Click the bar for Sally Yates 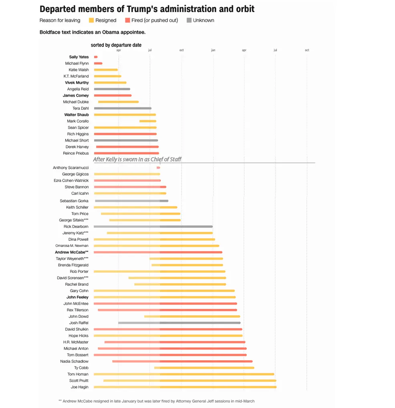pyautogui.click(x=96, y=57)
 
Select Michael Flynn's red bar pyautogui.click(x=98, y=63)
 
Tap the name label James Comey pyautogui.click(x=76, y=95)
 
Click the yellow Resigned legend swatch pyautogui.click(x=91, y=20)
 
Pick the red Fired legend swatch pyautogui.click(x=127, y=20)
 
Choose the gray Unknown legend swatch pyautogui.click(x=189, y=20)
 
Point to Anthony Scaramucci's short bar pyautogui.click(x=158, y=168)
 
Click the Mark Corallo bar pyautogui.click(x=148, y=121)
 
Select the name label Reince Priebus pyautogui.click(x=76, y=153)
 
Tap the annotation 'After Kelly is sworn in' pyautogui.click(x=137, y=159)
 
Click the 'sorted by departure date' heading pyautogui.click(x=116, y=45)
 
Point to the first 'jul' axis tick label pyautogui.click(x=150, y=50)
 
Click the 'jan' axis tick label pyautogui.click(x=213, y=50)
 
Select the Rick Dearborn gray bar pyautogui.click(x=153, y=227)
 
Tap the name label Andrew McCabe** pyautogui.click(x=72, y=252)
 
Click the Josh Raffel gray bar pyautogui.click(x=179, y=323)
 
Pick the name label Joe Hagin pyautogui.click(x=79, y=387)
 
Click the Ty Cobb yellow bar pyautogui.click(x=204, y=368)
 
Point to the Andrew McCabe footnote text pyautogui.click(x=156, y=401)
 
